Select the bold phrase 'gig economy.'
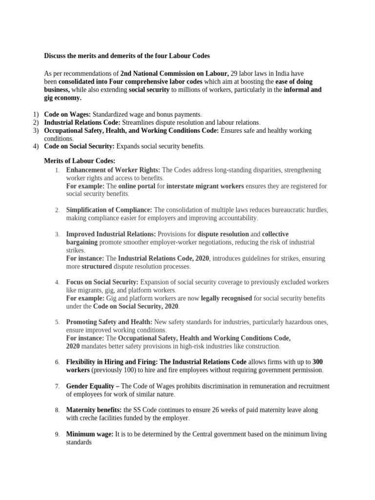(62, 98)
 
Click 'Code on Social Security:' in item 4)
(79, 146)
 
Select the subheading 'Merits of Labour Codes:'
(80, 161)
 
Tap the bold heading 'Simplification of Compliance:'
(109, 210)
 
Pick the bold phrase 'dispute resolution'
(223, 234)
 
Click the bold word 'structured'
(97, 267)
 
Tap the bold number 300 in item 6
(317, 362)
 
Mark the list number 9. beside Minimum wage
(57, 435)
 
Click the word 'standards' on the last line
(79, 442)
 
